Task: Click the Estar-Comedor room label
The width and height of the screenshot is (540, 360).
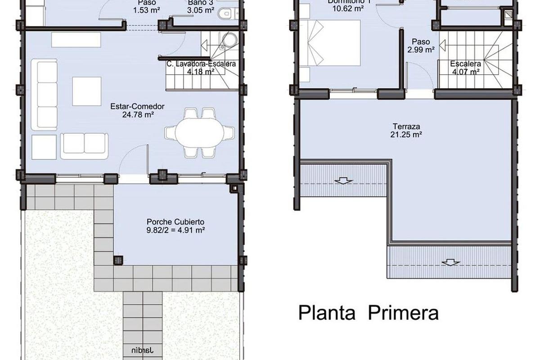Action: pos(137,107)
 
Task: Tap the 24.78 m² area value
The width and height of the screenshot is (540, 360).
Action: pos(137,115)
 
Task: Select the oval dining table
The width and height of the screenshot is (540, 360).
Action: pos(199,133)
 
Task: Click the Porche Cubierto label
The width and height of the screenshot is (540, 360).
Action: pos(175,222)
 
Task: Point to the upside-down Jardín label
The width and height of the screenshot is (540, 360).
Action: pos(144,349)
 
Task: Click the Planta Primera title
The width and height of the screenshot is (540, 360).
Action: pos(368,312)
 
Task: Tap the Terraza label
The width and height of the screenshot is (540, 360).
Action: pos(405,126)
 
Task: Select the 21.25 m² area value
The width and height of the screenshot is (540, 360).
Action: pos(405,134)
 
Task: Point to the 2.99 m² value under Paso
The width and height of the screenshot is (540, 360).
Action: pos(421,49)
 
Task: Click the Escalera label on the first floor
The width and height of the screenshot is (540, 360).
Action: pos(465,64)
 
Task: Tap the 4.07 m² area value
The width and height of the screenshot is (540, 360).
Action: pos(465,71)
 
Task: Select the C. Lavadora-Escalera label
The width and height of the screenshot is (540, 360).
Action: pos(201,64)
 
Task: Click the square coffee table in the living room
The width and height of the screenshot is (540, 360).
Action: pos(86,91)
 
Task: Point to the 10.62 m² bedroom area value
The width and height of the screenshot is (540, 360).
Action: pos(346,8)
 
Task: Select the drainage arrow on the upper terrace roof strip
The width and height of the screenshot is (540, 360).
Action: pos(343,181)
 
